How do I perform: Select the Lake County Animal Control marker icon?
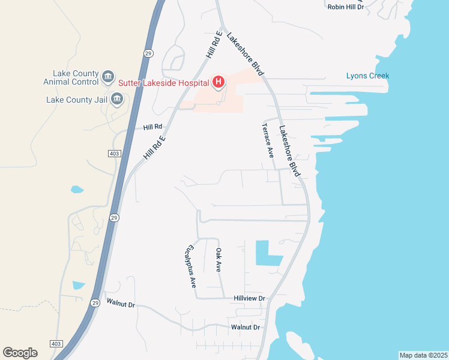tap(108, 76)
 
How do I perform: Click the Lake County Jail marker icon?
tap(116, 100)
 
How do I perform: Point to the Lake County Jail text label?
tap(76, 100)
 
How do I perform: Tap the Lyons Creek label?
tap(367, 76)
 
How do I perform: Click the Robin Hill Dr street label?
tap(345, 7)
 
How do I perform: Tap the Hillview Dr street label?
tap(249, 298)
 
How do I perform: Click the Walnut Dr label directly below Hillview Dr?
tap(246, 327)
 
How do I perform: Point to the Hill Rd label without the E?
tap(153, 127)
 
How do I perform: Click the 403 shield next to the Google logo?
tap(56, 343)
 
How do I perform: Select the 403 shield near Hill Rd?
tap(115, 154)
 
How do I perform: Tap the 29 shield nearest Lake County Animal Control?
tap(148, 53)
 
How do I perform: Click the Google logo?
tap(20, 353)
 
